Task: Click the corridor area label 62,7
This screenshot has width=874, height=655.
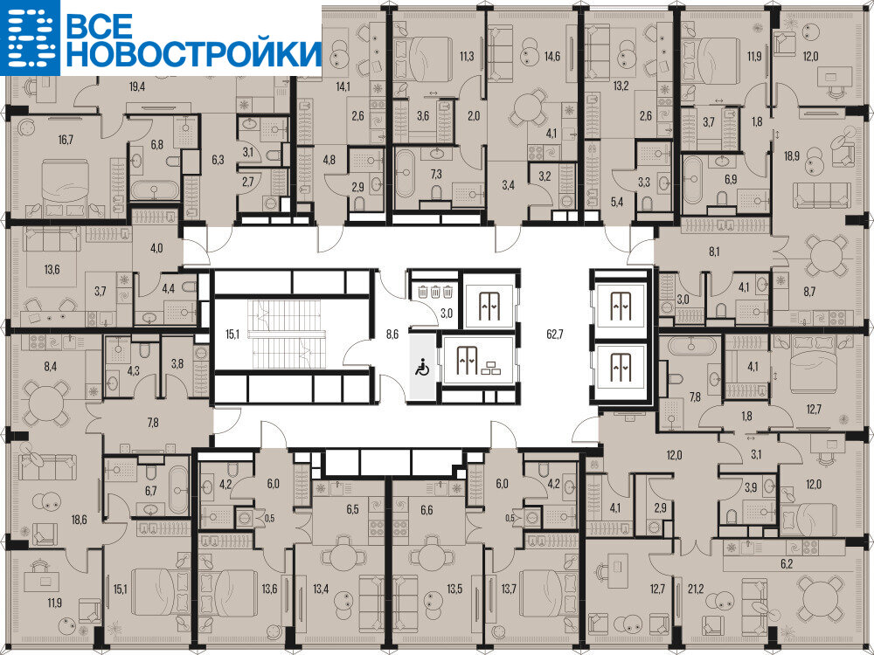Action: coord(555,334)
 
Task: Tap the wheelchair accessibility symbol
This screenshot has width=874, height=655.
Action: coord(422,368)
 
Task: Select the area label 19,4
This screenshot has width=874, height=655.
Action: coord(137,86)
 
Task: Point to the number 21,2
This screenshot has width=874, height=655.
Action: coord(695,588)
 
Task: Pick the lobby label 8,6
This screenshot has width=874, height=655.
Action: coord(392,334)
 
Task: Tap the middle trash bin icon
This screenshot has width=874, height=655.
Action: coord(435,291)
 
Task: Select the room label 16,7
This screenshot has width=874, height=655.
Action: coord(66,139)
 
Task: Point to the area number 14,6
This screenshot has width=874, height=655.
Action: coord(551,56)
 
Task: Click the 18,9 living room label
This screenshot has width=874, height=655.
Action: coord(792,155)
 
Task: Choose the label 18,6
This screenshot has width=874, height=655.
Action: coord(80,520)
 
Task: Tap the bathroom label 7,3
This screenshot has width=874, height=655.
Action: coord(436,174)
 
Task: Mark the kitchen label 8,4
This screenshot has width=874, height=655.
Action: coord(50,366)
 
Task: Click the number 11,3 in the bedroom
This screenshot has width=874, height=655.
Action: coord(467,56)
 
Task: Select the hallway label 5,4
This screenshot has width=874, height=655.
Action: coord(616,202)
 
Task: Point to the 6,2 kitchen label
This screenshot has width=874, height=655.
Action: coord(787,563)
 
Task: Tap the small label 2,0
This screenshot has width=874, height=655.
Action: coord(473,116)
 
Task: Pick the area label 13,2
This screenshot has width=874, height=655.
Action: coord(621,86)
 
